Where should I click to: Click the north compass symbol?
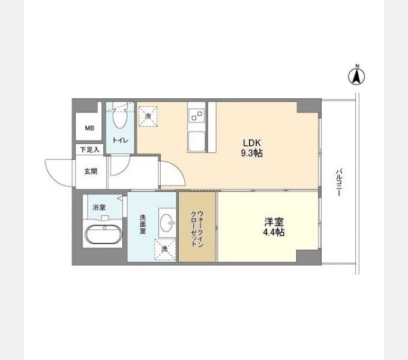point(356,75)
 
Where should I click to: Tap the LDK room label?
point(251,143)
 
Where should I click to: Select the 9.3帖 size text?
point(251,153)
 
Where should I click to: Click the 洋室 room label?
point(274,222)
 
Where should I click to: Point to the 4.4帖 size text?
point(274,232)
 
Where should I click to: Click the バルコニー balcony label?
point(339,182)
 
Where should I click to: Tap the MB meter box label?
point(89,128)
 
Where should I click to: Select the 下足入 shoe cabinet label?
point(89,149)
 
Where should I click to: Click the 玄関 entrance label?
point(91,171)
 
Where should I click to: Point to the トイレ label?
point(120,140)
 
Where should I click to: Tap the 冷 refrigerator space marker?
point(148,116)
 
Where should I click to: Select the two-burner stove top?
point(197,115)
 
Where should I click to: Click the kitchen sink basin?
point(197,141)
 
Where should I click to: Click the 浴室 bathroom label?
point(99,208)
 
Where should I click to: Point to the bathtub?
point(103,235)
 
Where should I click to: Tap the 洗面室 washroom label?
point(143,224)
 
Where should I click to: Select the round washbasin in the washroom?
point(167,223)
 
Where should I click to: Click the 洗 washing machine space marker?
point(165,250)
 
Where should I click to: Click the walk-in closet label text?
point(197,229)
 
